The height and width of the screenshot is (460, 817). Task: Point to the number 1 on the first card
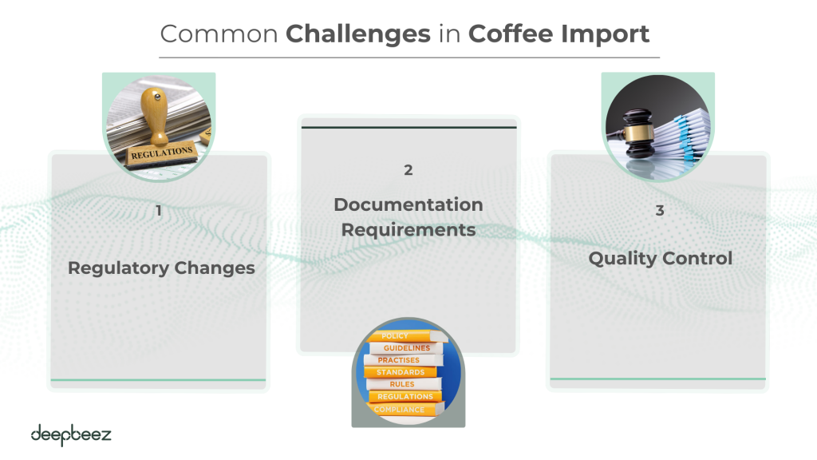(159, 211)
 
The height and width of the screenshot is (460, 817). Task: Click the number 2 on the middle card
(408, 170)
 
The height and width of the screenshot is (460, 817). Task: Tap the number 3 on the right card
(660, 211)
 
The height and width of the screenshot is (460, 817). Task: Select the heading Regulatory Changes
(161, 268)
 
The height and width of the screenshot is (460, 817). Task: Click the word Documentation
(408, 204)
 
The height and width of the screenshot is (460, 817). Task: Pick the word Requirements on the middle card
(408, 230)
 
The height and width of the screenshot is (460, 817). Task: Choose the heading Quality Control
(660, 259)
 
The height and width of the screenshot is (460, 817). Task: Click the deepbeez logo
(71, 435)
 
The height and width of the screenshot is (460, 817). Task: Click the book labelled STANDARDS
(401, 372)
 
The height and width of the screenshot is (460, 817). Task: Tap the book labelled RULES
(402, 385)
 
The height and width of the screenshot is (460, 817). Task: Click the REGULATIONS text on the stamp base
(162, 151)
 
